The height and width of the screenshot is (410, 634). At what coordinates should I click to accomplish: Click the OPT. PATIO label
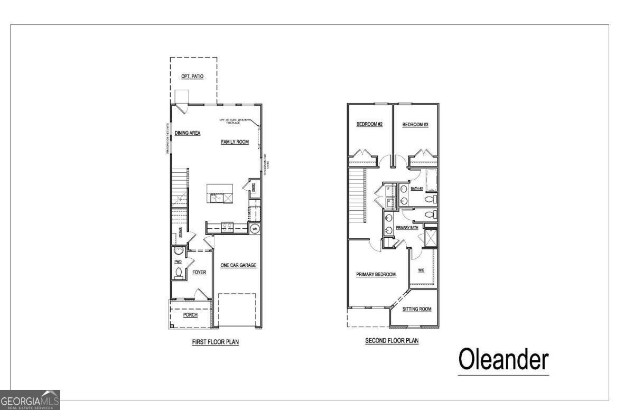(x=192, y=77)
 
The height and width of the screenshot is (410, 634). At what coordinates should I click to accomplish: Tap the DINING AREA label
(x=188, y=133)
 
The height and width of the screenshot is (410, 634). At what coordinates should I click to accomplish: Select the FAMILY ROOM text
(x=235, y=142)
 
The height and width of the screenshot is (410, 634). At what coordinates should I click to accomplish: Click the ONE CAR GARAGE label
(x=238, y=265)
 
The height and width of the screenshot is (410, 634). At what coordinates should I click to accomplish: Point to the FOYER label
(x=199, y=273)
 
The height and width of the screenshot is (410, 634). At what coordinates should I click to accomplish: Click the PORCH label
(x=190, y=315)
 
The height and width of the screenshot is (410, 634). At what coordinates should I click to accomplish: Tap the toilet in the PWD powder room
(x=178, y=273)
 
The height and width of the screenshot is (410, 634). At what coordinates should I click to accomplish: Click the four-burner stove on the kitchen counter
(x=227, y=227)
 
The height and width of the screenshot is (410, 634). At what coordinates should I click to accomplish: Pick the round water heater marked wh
(x=254, y=229)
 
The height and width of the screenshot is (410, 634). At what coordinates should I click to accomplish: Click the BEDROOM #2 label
(x=369, y=125)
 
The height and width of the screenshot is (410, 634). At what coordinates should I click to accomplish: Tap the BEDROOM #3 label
(x=415, y=125)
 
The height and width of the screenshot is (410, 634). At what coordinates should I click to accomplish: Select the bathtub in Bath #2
(x=432, y=181)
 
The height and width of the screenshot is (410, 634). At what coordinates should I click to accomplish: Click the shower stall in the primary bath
(x=431, y=239)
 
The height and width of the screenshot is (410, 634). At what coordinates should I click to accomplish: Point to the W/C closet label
(x=421, y=270)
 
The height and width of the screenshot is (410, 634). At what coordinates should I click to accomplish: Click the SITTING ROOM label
(x=417, y=309)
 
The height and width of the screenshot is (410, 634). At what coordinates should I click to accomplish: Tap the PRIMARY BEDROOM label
(x=376, y=275)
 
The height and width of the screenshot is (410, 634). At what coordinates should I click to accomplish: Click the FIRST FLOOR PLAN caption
(x=215, y=342)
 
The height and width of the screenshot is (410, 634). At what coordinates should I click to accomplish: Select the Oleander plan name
(x=503, y=360)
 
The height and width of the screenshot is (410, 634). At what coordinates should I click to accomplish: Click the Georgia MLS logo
(x=30, y=400)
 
